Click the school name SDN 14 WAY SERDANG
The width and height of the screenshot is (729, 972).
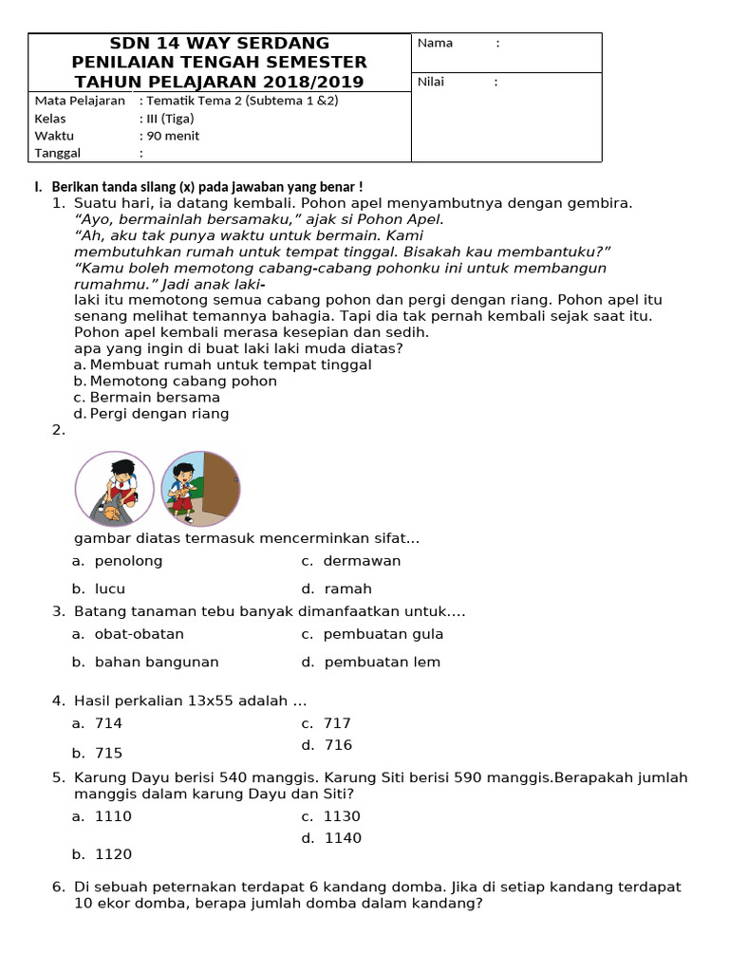coord(219,43)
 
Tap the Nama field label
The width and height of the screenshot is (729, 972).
coord(436,43)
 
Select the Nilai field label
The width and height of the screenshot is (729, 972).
coord(432,82)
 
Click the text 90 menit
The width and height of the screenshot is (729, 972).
coord(169,135)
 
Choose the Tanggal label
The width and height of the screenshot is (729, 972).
coord(58,153)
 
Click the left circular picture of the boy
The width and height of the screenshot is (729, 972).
coord(114,489)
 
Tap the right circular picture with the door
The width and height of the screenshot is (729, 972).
coord(200,489)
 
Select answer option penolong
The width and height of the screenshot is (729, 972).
coord(128,561)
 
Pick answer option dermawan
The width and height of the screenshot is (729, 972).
coord(362,561)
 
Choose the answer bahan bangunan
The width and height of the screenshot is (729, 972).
coord(157,663)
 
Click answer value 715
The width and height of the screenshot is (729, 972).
coord(108,753)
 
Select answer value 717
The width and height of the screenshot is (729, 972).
coord(337,723)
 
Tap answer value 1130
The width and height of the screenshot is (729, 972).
coord(342,816)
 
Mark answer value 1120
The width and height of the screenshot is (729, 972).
coord(113,854)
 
